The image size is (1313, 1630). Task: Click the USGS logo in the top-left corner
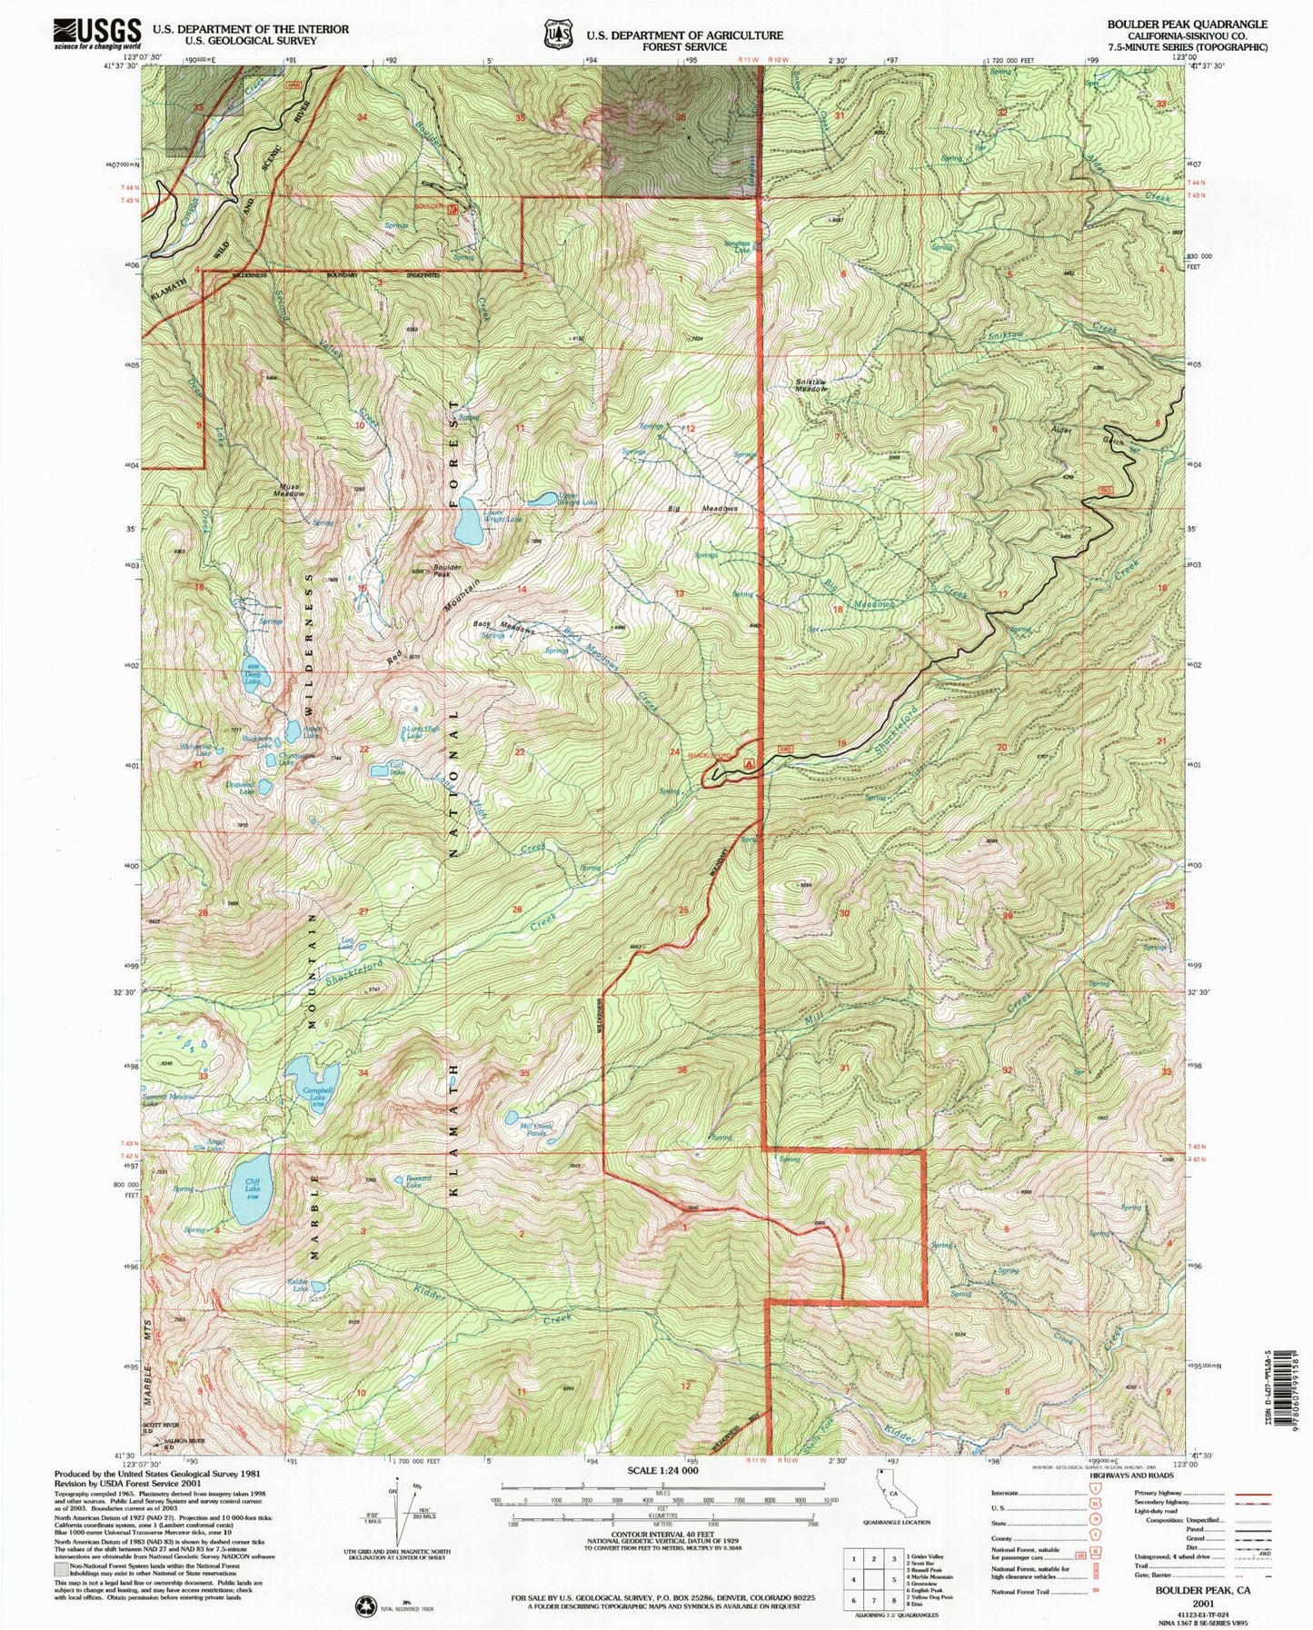pos(97,34)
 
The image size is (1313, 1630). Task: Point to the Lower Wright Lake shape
pos(471,524)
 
